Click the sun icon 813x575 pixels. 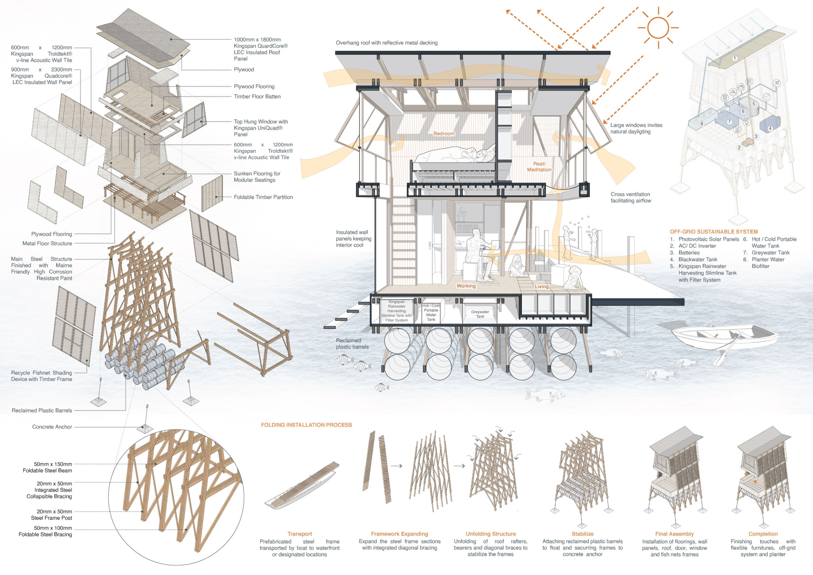658,28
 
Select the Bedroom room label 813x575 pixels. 444,133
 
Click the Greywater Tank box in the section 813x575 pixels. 480,314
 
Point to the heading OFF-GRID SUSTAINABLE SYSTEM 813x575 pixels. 713,232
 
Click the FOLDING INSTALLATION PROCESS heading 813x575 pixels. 306,425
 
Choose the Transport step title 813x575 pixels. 300,534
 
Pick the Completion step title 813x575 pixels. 763,534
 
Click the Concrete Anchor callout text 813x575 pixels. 52,427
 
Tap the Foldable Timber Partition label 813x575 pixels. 263,197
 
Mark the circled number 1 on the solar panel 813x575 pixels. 735,58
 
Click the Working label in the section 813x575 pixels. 466,286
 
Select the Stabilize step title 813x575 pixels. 582,534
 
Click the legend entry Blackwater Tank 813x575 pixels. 698,259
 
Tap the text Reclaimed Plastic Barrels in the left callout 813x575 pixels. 42,410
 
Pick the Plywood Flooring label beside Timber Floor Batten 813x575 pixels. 254,87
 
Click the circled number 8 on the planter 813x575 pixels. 701,124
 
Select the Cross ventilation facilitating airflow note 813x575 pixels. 631,197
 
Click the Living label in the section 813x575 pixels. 541,287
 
